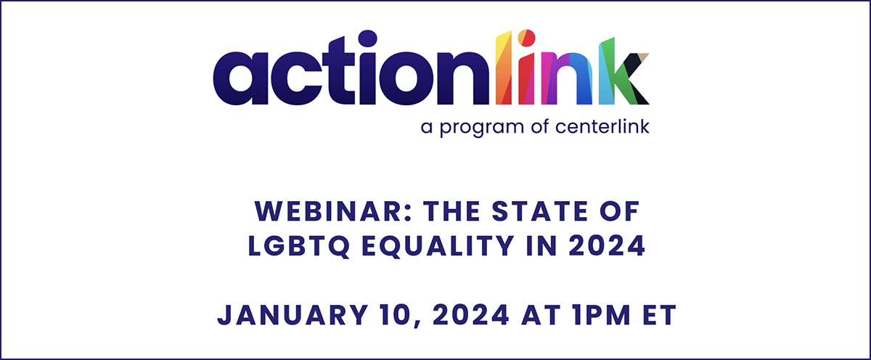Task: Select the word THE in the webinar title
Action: click(x=451, y=211)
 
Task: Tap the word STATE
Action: click(x=540, y=211)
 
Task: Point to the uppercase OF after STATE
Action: click(x=619, y=211)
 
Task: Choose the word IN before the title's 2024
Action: click(x=541, y=246)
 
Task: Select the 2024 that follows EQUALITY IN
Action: click(x=607, y=246)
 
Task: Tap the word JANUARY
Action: click(x=293, y=315)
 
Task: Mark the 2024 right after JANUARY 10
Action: click(x=471, y=315)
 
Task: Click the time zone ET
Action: click(x=660, y=315)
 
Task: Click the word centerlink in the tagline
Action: click(x=602, y=126)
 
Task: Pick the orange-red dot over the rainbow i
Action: click(x=526, y=38)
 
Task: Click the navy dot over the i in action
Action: click(x=367, y=40)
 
